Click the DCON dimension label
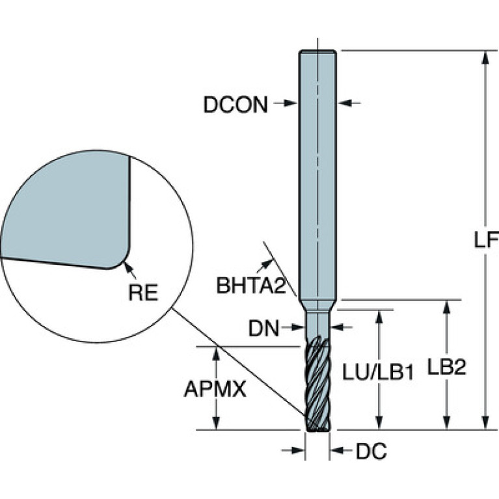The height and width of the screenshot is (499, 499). (x=235, y=104)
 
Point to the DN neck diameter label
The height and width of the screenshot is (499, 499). (x=263, y=329)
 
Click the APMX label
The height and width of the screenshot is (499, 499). (x=215, y=389)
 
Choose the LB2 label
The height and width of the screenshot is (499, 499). (x=446, y=368)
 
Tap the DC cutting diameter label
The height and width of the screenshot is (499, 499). (x=371, y=452)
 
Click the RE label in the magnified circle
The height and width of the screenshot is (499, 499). (x=142, y=292)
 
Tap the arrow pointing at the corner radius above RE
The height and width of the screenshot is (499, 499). (x=128, y=267)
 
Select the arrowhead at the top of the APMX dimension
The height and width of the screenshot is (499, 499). (x=217, y=353)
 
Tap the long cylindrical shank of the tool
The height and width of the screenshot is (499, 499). (x=317, y=176)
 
